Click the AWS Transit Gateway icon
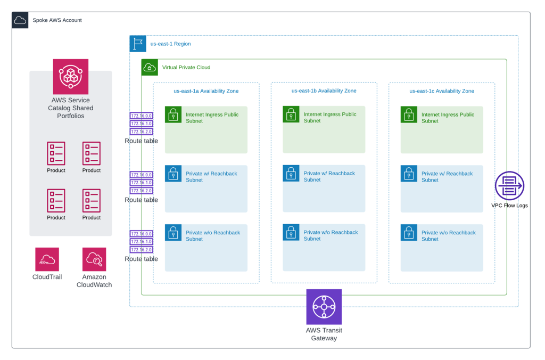coord(324,307)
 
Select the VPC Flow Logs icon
coord(509,186)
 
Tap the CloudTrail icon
coord(47,259)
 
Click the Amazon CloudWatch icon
coord(94,259)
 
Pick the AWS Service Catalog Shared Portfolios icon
coord(71,77)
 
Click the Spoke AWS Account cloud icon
coord(20,20)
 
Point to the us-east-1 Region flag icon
coord(138,44)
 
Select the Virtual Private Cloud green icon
coord(150,67)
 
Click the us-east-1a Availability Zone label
coord(206,91)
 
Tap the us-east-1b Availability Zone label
coord(324,91)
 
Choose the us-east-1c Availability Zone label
coord(442,91)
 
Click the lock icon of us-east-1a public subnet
coord(173,114)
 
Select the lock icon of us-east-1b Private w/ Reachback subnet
coord(291,173)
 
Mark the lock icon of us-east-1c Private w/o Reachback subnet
coord(409,232)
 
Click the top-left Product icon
coord(56,153)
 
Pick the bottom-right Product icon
coord(92,201)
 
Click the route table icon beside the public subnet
coord(142,124)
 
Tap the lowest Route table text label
coord(142,259)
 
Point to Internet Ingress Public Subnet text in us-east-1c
coord(448,118)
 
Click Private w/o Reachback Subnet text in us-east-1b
coord(330,235)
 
